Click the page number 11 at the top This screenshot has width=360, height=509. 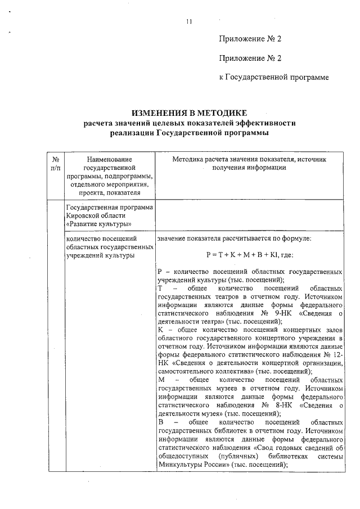point(188,21)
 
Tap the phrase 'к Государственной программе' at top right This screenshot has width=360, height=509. point(273,76)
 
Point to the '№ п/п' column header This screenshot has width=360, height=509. point(55,164)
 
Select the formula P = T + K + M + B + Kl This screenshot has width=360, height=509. point(250,254)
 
